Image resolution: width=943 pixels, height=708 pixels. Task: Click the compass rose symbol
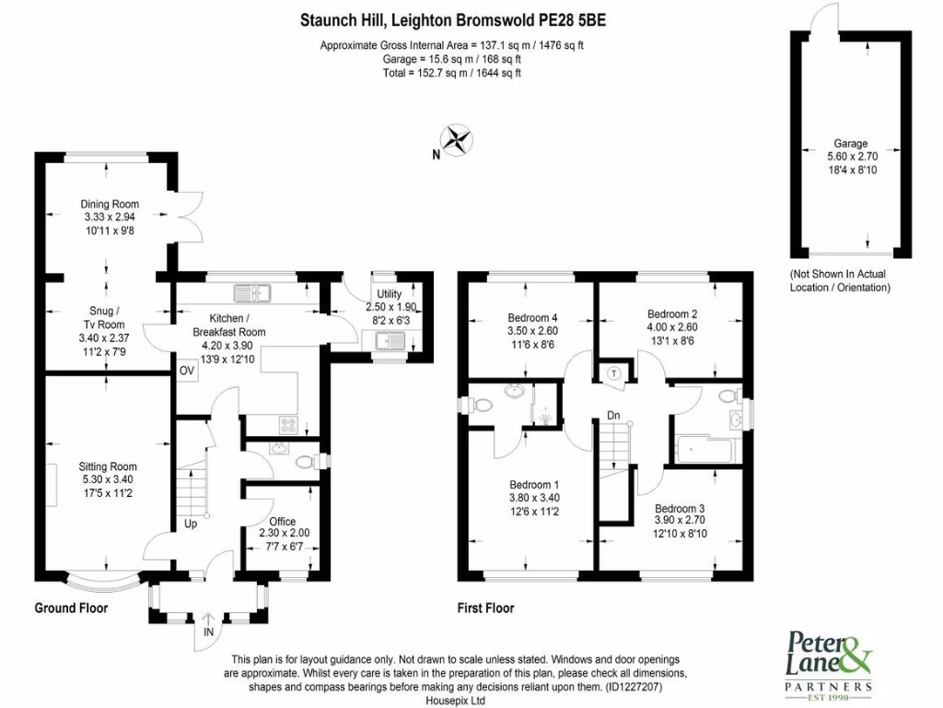pyautogui.click(x=457, y=140)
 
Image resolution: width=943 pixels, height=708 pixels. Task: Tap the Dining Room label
pyautogui.click(x=110, y=204)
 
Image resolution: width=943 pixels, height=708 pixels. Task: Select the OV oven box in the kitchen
pyautogui.click(x=186, y=371)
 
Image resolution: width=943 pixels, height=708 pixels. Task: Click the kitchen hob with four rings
pyautogui.click(x=288, y=425)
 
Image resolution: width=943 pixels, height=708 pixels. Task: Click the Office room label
pyautogui.click(x=282, y=522)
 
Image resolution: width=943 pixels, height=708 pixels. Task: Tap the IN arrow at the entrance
pyautogui.click(x=208, y=619)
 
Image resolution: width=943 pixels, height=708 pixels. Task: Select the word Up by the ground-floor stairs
pyautogui.click(x=191, y=524)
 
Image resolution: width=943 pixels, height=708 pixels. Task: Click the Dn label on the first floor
pyautogui.click(x=612, y=416)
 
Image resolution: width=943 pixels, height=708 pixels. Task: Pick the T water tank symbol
pyautogui.click(x=614, y=373)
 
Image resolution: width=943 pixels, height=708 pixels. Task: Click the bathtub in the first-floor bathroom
pyautogui.click(x=704, y=450)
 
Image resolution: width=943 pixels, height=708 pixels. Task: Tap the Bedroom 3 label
pyautogui.click(x=680, y=508)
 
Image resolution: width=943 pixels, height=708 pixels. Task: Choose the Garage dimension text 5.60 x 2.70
pyautogui.click(x=852, y=157)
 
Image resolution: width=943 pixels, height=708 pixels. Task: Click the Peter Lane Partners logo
pyautogui.click(x=830, y=664)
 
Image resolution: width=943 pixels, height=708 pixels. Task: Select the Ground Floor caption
pyautogui.click(x=71, y=608)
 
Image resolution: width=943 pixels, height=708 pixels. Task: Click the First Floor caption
pyautogui.click(x=485, y=608)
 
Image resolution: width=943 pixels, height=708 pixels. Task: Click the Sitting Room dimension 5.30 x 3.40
pyautogui.click(x=108, y=479)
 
